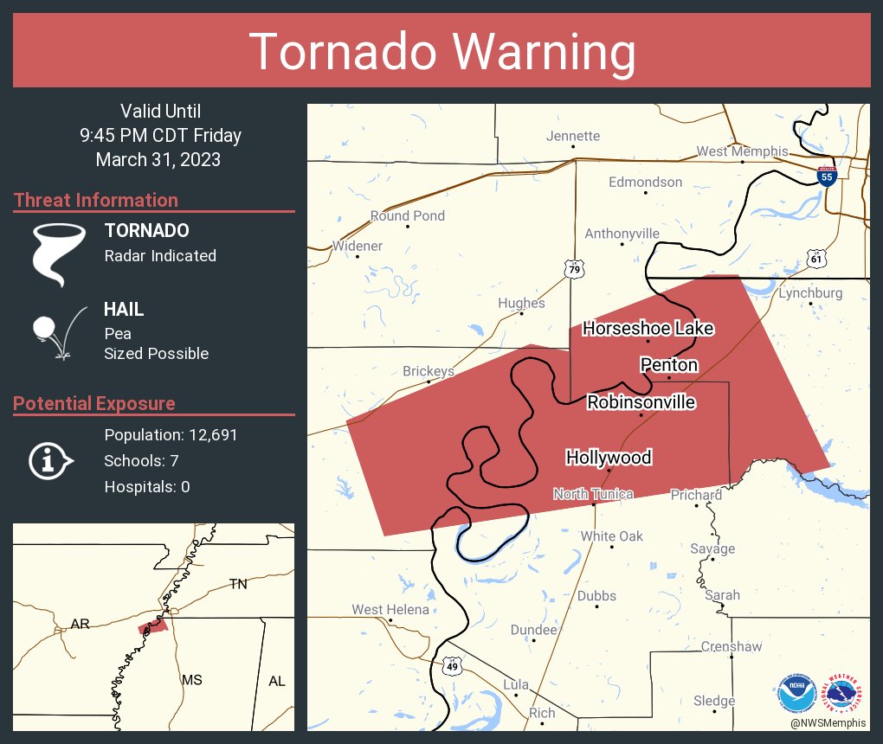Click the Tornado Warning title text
coord(441,52)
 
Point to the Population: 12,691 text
coord(171,434)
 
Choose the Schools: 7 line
coord(141,460)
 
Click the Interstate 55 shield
coord(826,176)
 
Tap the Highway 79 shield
coord(575,269)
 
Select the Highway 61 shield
coord(816,258)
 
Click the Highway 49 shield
coord(452,666)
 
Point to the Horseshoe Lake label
coord(648,328)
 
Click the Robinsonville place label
coord(641,402)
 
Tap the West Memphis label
coord(742,151)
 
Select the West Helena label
coord(390,610)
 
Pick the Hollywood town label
coord(608,457)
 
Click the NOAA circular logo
coord(796,693)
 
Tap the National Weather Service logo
coord(845,693)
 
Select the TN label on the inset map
coord(238,584)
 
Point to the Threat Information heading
coord(96,200)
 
